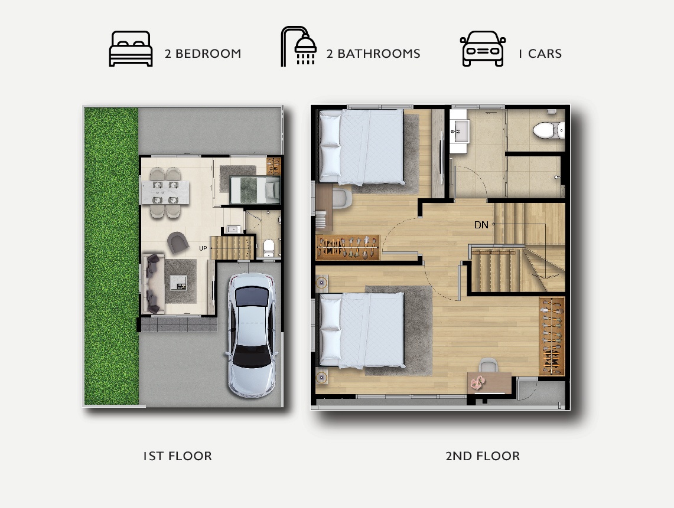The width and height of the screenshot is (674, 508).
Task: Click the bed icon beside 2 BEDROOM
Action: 131,48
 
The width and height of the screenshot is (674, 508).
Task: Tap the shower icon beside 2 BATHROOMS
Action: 299,47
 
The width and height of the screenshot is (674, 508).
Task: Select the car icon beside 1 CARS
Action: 483,48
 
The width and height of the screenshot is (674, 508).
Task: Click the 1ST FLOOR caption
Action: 178,456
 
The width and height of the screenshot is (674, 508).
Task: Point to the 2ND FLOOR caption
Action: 483,456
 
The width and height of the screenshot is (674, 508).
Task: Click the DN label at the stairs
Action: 481,225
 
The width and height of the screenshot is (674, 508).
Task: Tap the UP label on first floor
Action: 203,248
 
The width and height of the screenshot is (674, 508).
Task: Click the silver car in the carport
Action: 252,335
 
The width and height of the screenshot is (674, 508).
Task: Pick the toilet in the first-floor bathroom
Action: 269,248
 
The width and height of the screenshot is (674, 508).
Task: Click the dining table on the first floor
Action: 165,192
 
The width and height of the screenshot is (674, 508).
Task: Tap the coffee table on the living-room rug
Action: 178,283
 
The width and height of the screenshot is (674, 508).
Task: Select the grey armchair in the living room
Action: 178,242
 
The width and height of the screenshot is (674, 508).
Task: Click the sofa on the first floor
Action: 152,283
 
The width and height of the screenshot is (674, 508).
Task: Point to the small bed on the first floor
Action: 255,190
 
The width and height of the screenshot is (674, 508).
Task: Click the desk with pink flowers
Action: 490,382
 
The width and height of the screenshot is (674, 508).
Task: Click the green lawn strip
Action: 111,256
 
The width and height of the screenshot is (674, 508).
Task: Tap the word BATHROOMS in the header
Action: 379,54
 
